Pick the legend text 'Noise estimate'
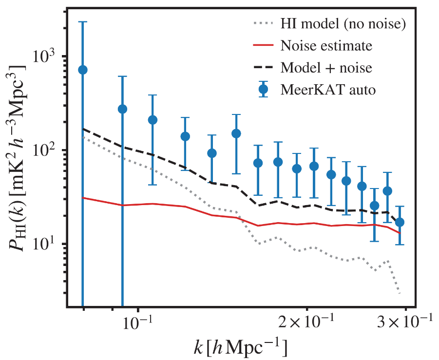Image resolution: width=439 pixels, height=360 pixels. tap(326, 46)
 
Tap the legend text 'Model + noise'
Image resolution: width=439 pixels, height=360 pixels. tap(326, 68)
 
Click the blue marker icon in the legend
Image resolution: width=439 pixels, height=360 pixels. tap(264, 90)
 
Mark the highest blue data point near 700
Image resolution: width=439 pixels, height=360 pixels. tap(83, 70)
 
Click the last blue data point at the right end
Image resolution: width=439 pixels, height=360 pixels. tap(400, 222)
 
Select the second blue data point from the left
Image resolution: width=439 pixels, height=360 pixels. tap(122, 109)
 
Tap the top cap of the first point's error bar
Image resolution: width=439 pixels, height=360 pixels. tap(83, 22)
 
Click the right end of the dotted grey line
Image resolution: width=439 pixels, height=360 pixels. tap(400, 293)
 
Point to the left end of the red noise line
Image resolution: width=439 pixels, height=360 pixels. tap(83, 197)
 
